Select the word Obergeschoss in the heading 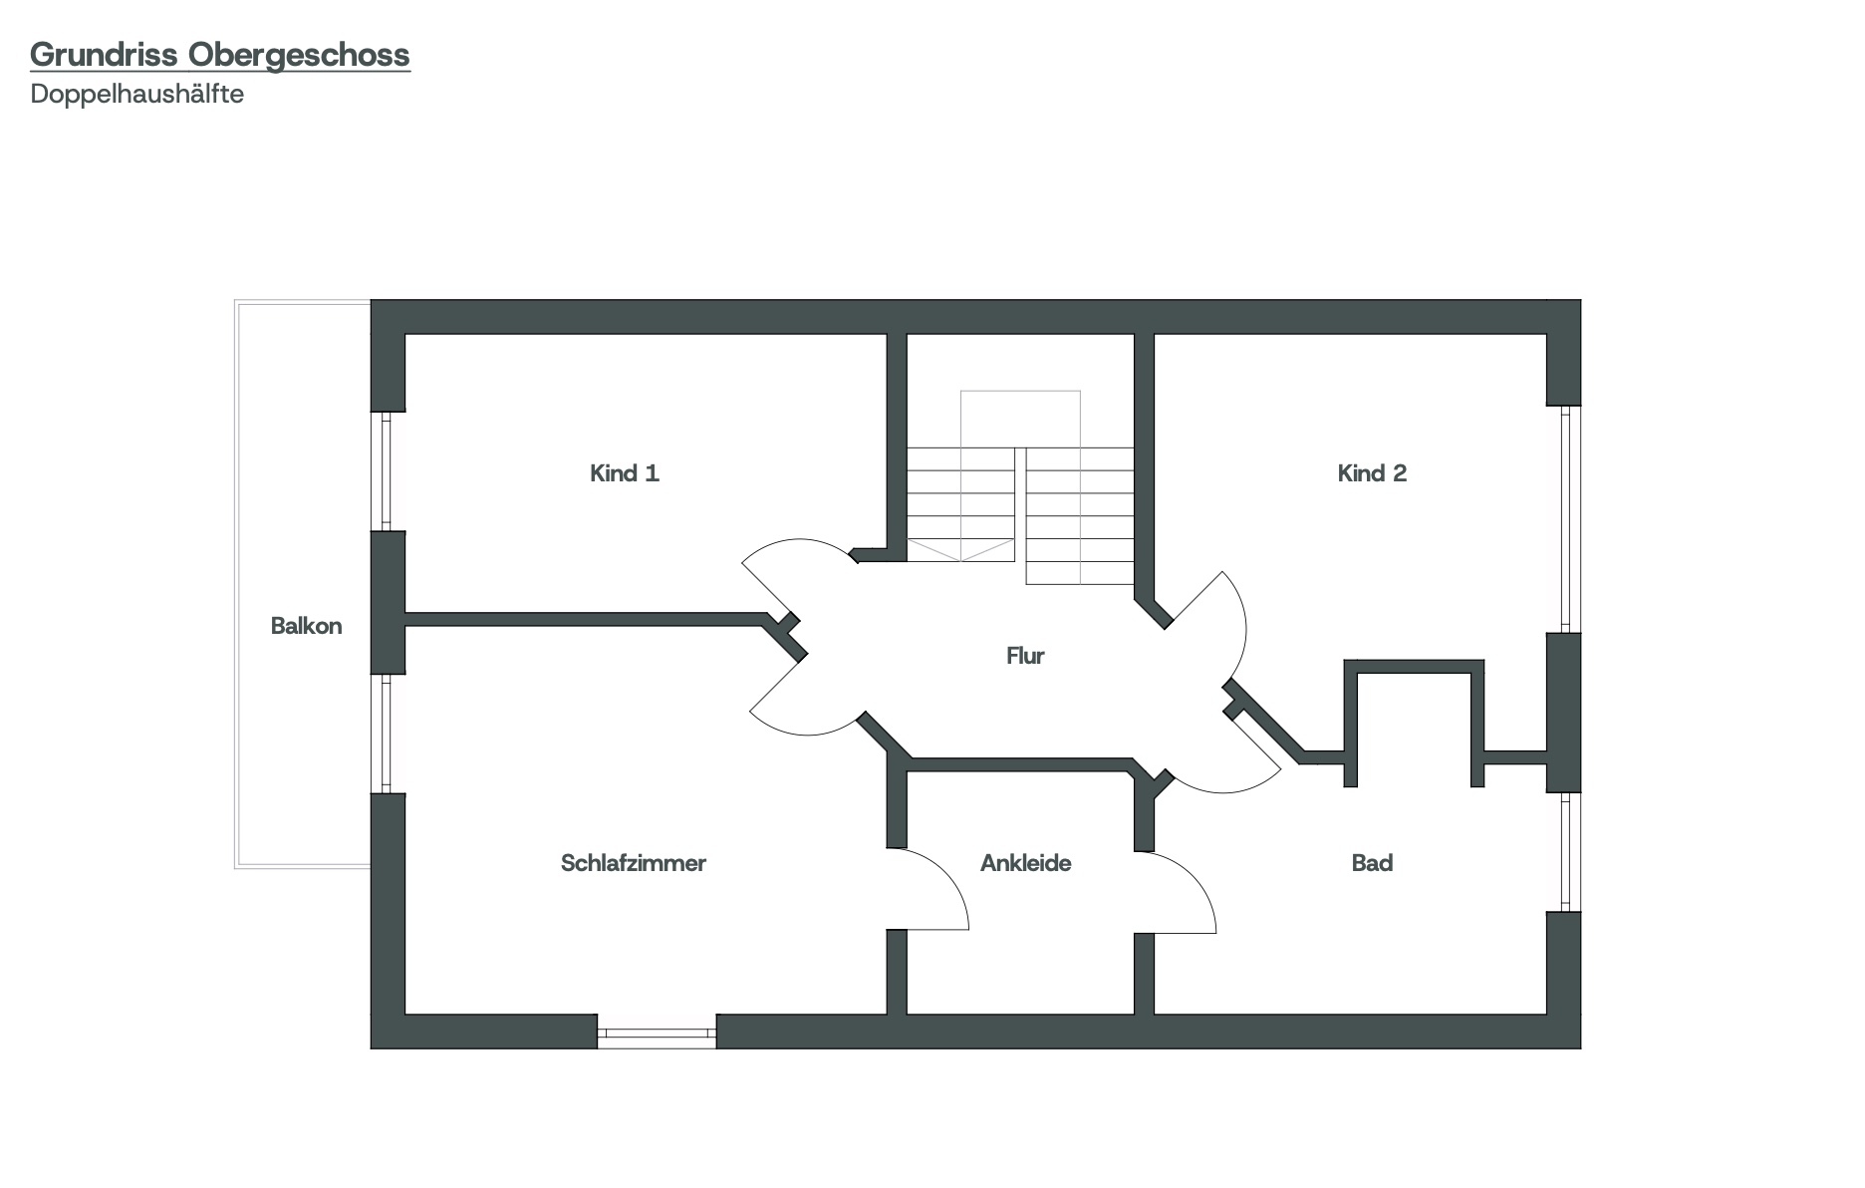299,55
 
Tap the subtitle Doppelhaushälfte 137,95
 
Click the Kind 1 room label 625,473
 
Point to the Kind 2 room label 1372,473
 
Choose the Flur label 1025,656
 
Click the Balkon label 307,626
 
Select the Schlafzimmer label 634,863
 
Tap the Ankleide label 1026,863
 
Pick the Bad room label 1372,863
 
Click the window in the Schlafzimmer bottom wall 657,1032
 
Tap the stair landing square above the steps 1020,419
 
